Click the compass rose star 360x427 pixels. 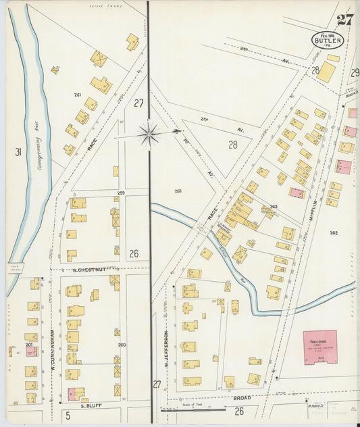coord(149,134)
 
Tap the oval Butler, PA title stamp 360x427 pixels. coord(328,40)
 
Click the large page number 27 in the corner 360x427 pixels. coord(344,20)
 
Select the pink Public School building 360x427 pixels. coord(319,347)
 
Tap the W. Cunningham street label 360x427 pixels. coord(51,349)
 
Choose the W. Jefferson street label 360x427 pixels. coord(165,347)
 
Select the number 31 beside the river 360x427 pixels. coord(18,152)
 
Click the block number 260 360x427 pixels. coord(122,345)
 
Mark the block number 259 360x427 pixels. coord(121,193)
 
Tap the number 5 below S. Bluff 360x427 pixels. coord(68,414)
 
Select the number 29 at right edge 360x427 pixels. coord(355,72)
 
